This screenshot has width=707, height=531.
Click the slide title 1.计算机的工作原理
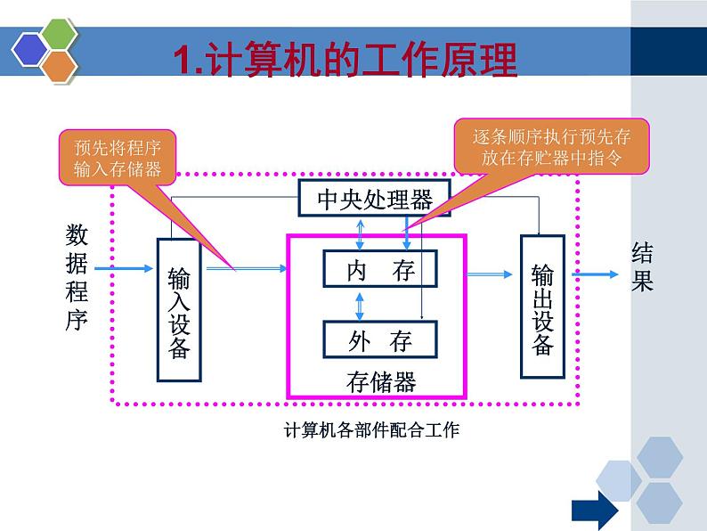pyautogui.click(x=345, y=61)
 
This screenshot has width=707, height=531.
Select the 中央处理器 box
pyautogui.click(x=374, y=199)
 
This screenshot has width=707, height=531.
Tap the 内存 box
pyautogui.click(x=380, y=270)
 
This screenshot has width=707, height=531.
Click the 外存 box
pyautogui.click(x=380, y=339)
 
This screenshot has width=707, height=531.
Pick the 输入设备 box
pyautogui.click(x=179, y=310)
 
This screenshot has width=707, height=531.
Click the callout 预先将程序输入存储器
pyautogui.click(x=118, y=159)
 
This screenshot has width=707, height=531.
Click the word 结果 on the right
pyautogui.click(x=642, y=267)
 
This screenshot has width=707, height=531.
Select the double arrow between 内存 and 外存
pyautogui.click(x=360, y=304)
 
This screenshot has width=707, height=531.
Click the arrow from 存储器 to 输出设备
pyautogui.click(x=493, y=274)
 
